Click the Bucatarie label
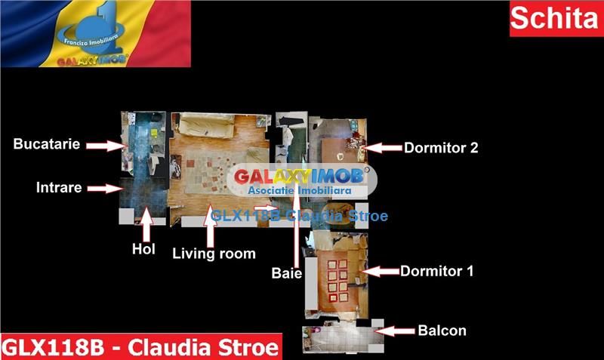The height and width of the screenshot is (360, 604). pyautogui.click(x=47, y=144)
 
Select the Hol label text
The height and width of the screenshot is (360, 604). pyautogui.click(x=143, y=249)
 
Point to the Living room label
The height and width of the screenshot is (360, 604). pyautogui.click(x=214, y=253)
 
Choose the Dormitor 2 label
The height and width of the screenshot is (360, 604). pyautogui.click(x=441, y=148)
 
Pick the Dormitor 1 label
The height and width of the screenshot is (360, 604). pyautogui.click(x=436, y=270)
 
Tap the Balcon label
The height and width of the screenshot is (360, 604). pyautogui.click(x=442, y=331)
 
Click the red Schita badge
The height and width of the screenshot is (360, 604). pyautogui.click(x=556, y=19)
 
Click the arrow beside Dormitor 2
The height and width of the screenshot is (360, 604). pyautogui.click(x=384, y=148)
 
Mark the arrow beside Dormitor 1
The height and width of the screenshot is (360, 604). pyautogui.click(x=381, y=270)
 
